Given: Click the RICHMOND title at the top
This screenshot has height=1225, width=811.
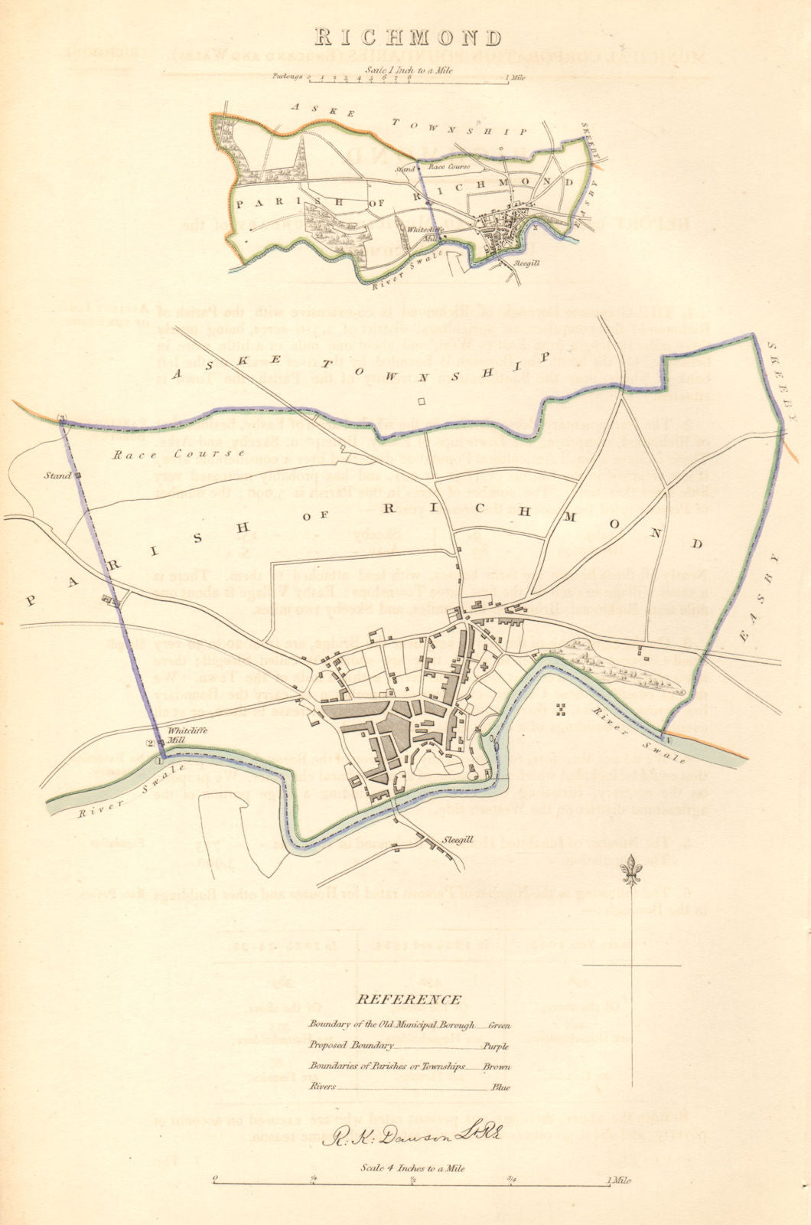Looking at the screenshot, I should point(405,38).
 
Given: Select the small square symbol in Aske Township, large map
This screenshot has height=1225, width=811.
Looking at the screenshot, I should point(420,400).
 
